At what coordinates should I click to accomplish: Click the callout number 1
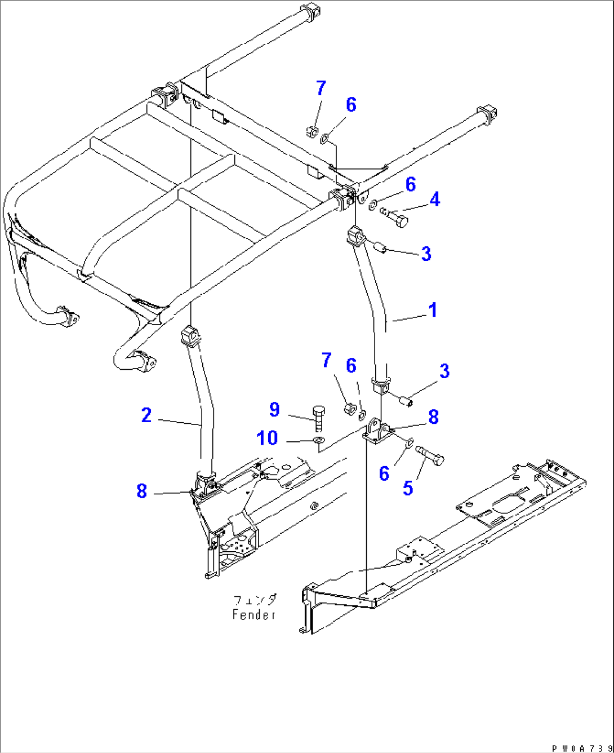(x=433, y=310)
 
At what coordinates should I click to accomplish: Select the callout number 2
(x=146, y=415)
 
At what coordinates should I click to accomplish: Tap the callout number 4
(x=434, y=199)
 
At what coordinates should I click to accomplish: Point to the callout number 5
(x=408, y=488)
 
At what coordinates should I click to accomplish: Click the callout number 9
(x=274, y=409)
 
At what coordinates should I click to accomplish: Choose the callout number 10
(x=268, y=437)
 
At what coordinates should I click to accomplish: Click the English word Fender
(x=254, y=614)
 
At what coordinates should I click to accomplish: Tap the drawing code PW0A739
(x=581, y=748)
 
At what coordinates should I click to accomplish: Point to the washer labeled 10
(x=318, y=439)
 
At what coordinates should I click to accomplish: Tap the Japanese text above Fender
(x=255, y=600)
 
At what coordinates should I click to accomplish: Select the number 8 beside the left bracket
(x=141, y=491)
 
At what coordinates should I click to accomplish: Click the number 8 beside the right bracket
(x=433, y=417)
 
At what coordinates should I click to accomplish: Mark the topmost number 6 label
(x=351, y=105)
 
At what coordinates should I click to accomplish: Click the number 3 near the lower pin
(x=444, y=371)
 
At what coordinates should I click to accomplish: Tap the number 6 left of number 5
(x=384, y=473)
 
